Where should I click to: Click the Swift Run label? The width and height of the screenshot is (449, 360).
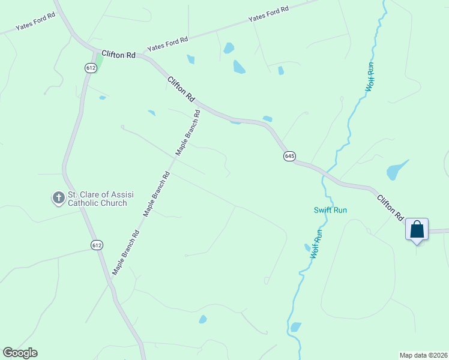tap(330, 210)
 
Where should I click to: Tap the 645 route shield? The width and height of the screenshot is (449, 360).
tap(289, 156)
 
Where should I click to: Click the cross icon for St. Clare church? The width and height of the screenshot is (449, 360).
tap(59, 197)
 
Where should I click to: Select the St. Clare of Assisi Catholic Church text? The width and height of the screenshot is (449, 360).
tap(97, 199)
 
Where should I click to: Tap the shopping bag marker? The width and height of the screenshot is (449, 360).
tap(417, 230)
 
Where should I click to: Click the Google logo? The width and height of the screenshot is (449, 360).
tap(20, 353)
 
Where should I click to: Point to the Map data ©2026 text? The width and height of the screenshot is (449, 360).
tap(423, 355)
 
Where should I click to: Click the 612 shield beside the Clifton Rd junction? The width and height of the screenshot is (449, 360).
tap(91, 68)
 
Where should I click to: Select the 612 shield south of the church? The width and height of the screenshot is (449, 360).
tap(97, 245)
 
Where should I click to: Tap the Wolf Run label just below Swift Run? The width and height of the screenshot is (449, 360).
tap(316, 244)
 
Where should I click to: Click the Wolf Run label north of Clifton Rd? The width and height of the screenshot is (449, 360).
tap(370, 76)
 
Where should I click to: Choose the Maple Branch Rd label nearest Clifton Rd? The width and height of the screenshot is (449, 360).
tap(188, 133)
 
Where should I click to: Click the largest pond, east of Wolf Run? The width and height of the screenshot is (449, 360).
tap(397, 170)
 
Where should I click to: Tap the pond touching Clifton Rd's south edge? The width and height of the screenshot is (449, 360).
tap(235, 122)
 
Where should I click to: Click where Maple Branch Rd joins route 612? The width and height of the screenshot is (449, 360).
tap(109, 282)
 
